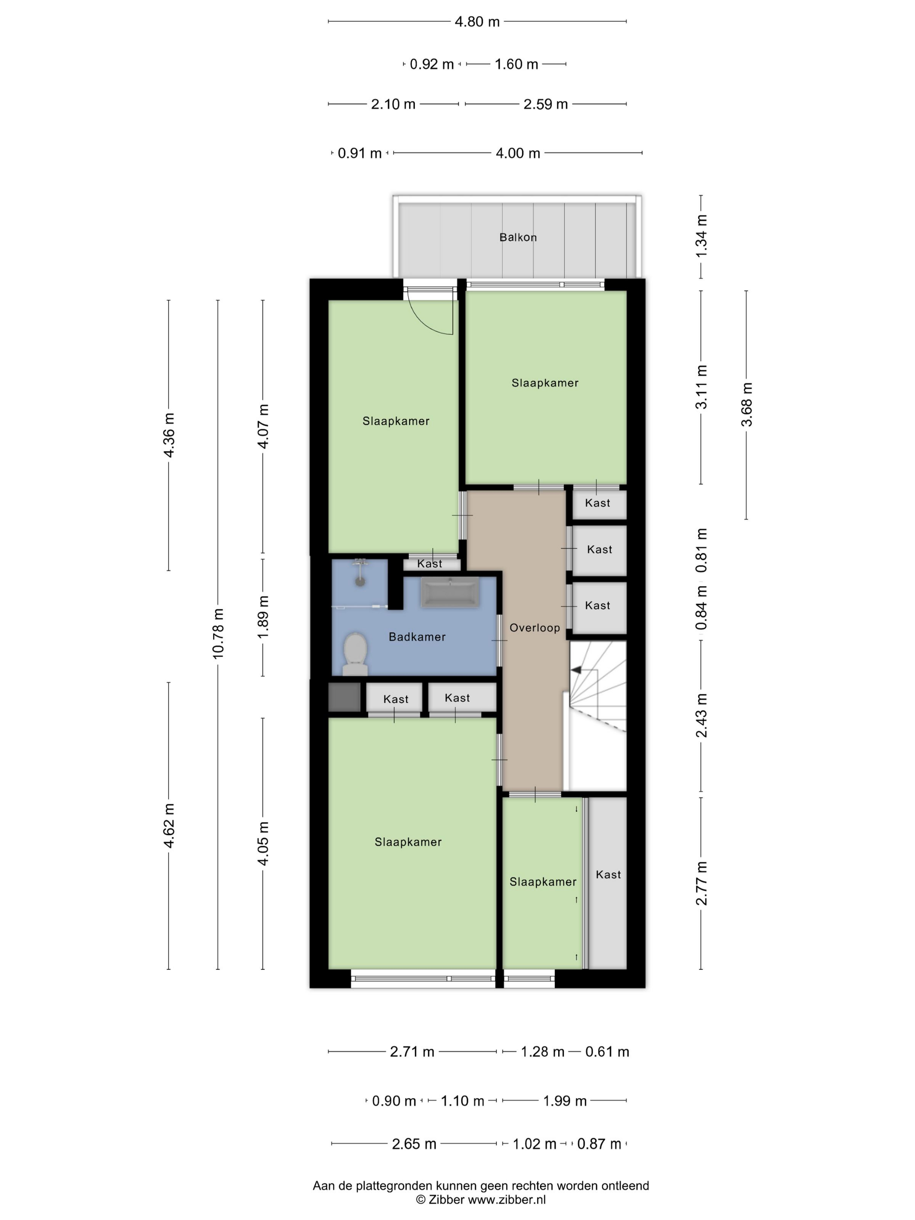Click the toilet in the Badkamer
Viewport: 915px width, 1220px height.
pyautogui.click(x=355, y=654)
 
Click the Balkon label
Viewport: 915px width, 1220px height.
pyautogui.click(x=518, y=237)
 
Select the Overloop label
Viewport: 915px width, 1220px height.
pyautogui.click(x=535, y=628)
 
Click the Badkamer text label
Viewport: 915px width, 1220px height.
pyautogui.click(x=417, y=637)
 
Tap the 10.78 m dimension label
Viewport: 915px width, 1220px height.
pyautogui.click(x=218, y=634)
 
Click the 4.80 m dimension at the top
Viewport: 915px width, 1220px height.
pyautogui.click(x=477, y=21)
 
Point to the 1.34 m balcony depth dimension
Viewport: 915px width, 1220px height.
pyautogui.click(x=701, y=236)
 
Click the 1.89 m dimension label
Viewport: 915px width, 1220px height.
pyautogui.click(x=263, y=617)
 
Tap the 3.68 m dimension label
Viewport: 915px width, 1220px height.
pyautogui.click(x=746, y=405)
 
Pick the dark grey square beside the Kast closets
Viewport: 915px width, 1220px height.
pyautogui.click(x=344, y=697)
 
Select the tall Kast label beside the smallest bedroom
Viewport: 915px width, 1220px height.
pyautogui.click(x=608, y=874)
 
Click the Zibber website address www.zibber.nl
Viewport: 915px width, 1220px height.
pyautogui.click(x=507, y=1200)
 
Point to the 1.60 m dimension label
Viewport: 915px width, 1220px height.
pyautogui.click(x=516, y=64)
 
